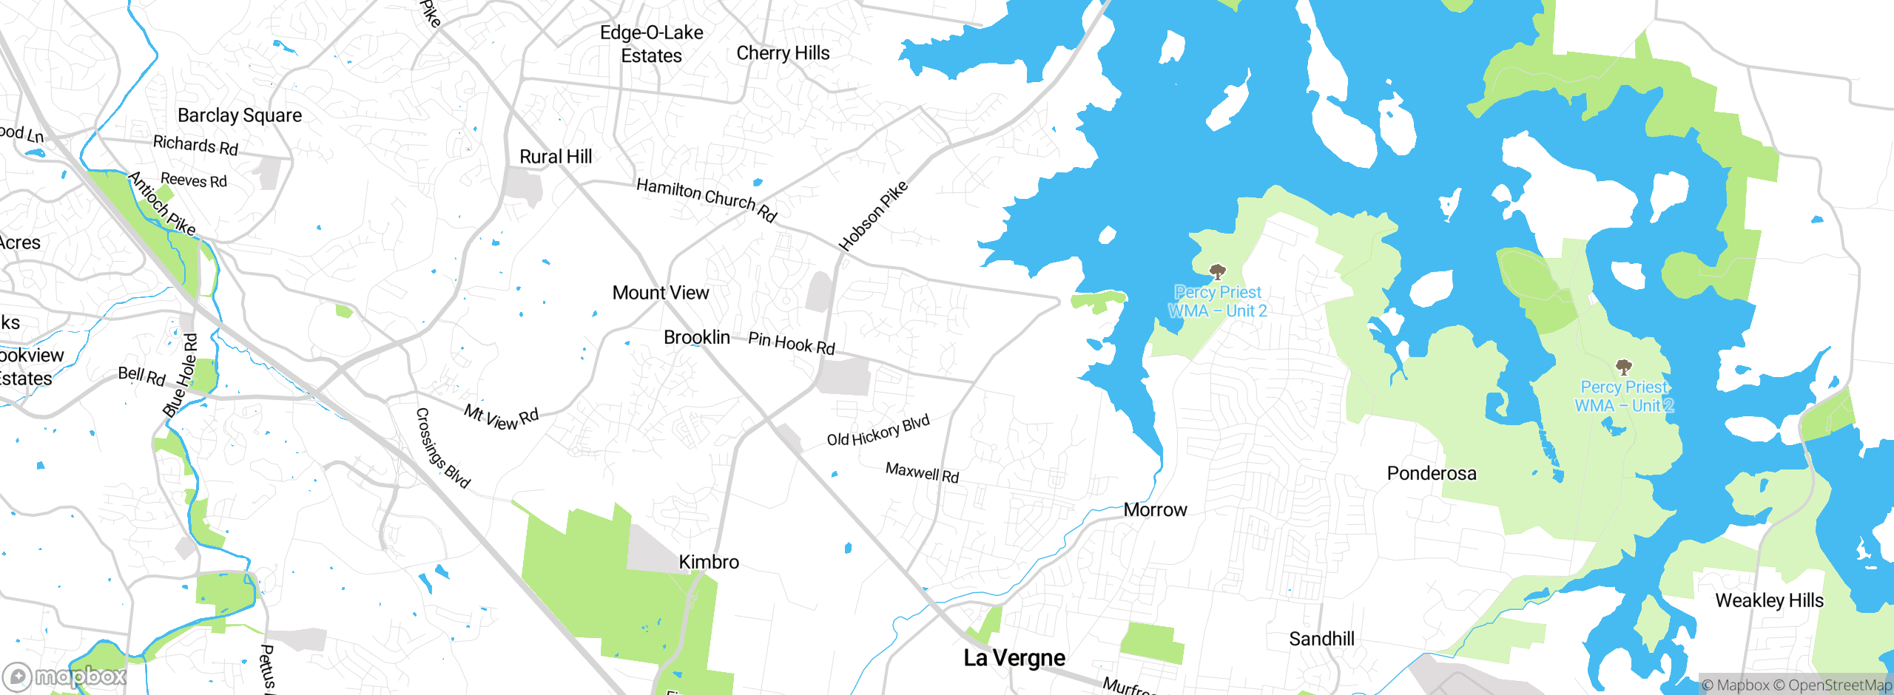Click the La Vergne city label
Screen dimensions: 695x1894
coord(1014,657)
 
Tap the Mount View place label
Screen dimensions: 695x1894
coord(661,293)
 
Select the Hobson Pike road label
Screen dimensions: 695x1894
coord(873,215)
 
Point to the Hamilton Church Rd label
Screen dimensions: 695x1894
coord(707,199)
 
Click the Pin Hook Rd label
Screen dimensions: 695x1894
coord(792,343)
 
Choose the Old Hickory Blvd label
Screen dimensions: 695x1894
coord(878,431)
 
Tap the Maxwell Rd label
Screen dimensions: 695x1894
coord(922,472)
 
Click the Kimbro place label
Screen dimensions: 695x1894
coord(709,562)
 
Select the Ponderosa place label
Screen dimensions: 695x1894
coord(1432,473)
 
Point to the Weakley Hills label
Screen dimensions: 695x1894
coord(1769,600)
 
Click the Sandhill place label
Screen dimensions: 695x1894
coord(1321,639)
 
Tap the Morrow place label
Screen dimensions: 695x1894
coord(1155,509)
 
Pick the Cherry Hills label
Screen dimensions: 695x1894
coord(783,53)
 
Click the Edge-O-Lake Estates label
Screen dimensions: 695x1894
coord(651,44)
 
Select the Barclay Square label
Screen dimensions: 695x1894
coord(240,115)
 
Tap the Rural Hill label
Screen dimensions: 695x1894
coord(556,157)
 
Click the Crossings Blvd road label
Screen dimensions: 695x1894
coord(442,448)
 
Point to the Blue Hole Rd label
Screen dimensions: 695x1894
coord(181,375)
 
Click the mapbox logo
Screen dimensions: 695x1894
coord(65,676)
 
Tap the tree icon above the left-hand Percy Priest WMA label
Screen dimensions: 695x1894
coord(1217,272)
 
